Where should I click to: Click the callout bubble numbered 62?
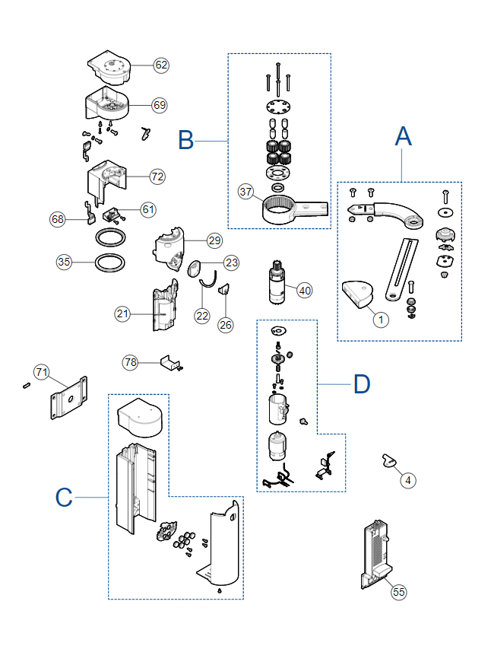pyautogui.click(x=161, y=65)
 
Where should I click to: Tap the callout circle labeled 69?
pyautogui.click(x=160, y=105)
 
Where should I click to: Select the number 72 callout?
pyautogui.click(x=157, y=177)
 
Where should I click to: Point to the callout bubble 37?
pyautogui.click(x=245, y=192)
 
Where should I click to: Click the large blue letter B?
pyautogui.click(x=185, y=140)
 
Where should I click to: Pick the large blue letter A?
pyautogui.click(x=404, y=136)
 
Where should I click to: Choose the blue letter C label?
pyautogui.click(x=64, y=497)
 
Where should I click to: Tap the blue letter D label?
pyautogui.click(x=362, y=384)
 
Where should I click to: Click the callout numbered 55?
pyautogui.click(x=399, y=592)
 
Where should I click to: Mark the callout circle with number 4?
pyautogui.click(x=408, y=481)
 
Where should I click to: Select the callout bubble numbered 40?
pyautogui.click(x=305, y=291)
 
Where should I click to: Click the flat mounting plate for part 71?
pyautogui.click(x=69, y=398)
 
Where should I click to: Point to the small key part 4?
pyautogui.click(x=388, y=460)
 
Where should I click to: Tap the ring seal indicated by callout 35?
pyautogui.click(x=110, y=262)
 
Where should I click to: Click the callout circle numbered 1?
pyautogui.click(x=381, y=320)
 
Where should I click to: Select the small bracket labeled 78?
pyautogui.click(x=169, y=363)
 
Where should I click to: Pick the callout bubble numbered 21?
pyautogui.click(x=122, y=314)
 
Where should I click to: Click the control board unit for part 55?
pyautogui.click(x=377, y=554)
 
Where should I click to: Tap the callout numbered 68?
pyautogui.click(x=58, y=219)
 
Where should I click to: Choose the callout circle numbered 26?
pyautogui.click(x=226, y=325)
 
